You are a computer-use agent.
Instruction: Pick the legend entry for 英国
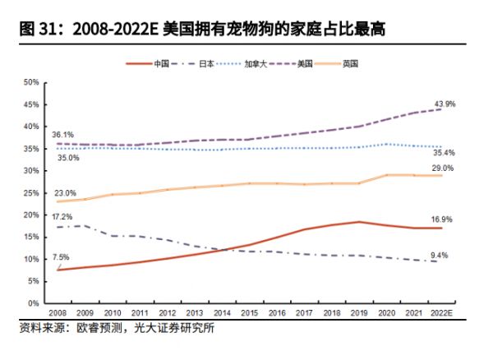tap(350, 63)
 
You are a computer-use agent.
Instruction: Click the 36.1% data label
tap(62, 134)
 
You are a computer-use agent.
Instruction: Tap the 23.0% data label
tap(65, 192)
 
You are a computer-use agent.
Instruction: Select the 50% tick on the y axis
tap(31, 82)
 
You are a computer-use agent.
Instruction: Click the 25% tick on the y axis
tap(31, 192)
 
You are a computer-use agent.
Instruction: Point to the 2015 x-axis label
tap(249, 313)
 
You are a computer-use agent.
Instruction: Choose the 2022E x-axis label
tap(441, 313)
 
